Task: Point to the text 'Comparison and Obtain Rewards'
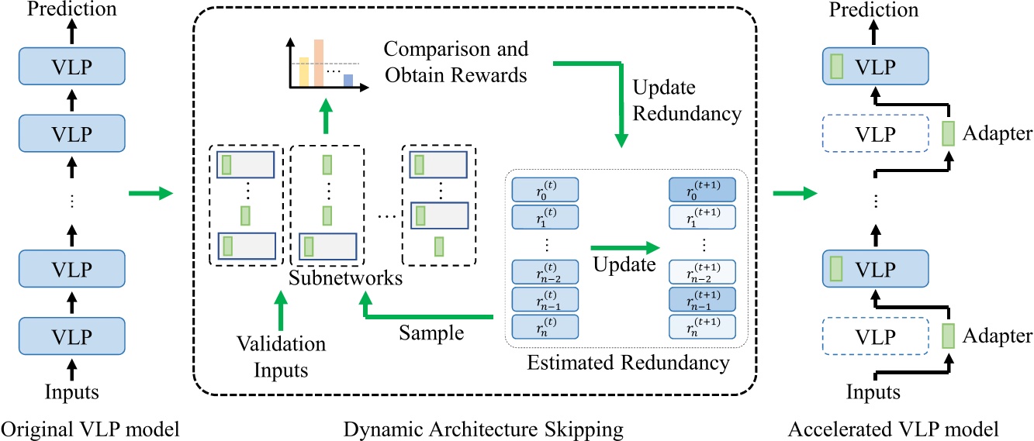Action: pyautogui.click(x=456, y=62)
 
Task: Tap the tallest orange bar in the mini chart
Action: pyautogui.click(x=319, y=62)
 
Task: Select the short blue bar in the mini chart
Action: pyautogui.click(x=348, y=80)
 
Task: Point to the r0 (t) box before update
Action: pyautogui.click(x=545, y=189)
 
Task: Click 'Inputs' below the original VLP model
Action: pyautogui.click(x=71, y=392)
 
